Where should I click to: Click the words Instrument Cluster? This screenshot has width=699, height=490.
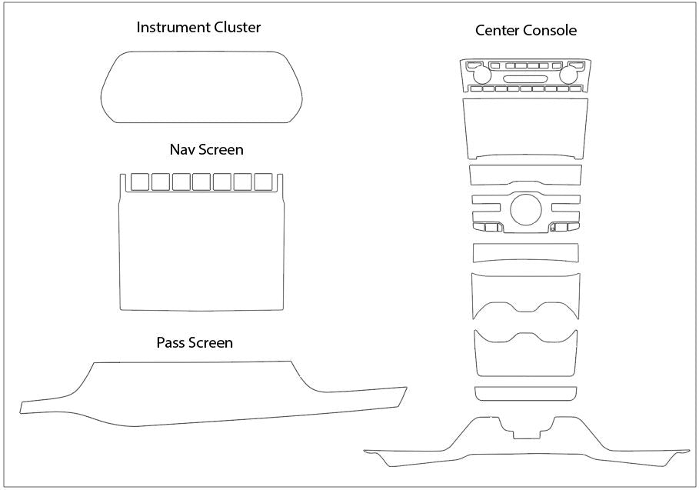coord(198,28)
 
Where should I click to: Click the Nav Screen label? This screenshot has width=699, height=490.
coord(201,148)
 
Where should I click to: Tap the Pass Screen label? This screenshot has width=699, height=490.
coord(194,342)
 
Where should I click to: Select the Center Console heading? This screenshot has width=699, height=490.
coord(525,31)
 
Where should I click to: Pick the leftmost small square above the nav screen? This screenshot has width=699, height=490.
coord(140,182)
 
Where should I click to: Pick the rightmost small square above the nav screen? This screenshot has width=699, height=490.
coord(264,182)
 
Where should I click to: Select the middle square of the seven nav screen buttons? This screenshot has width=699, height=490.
coord(201,182)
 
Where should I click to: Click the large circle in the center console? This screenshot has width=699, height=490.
coord(525,209)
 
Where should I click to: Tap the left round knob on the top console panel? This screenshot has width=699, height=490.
coord(482,75)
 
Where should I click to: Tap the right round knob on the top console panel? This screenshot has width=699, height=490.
coord(570,75)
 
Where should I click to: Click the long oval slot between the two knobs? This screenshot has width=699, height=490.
coord(526,79)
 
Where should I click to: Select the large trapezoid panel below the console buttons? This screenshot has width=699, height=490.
coord(526,127)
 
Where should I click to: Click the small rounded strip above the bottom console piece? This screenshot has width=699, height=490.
coord(526,393)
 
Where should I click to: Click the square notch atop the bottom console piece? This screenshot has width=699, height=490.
coord(526,429)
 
